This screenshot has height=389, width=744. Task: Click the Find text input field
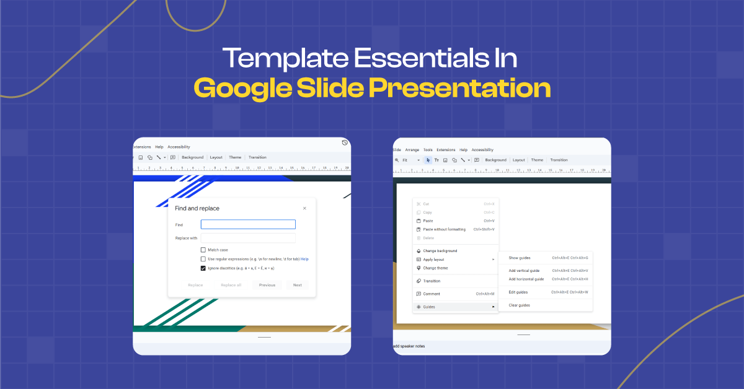tap(248, 225)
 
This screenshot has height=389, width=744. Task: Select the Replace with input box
tap(248, 238)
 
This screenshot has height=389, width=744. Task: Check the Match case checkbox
tap(203, 250)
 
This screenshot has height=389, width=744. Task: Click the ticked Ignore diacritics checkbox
tap(203, 268)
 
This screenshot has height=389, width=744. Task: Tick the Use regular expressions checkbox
tap(203, 259)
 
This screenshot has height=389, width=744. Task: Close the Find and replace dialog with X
tap(304, 209)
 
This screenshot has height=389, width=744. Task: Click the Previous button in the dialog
tap(267, 285)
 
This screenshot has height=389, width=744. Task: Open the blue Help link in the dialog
tap(304, 259)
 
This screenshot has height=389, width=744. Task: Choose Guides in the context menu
tap(429, 307)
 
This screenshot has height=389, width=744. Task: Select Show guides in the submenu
tap(519, 258)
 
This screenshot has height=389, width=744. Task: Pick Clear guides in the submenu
tap(519, 305)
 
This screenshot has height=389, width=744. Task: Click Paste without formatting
tap(444, 229)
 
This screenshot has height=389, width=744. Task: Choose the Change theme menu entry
tap(435, 268)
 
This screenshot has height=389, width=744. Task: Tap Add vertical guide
tap(524, 271)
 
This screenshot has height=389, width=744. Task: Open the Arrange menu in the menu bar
tap(412, 150)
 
